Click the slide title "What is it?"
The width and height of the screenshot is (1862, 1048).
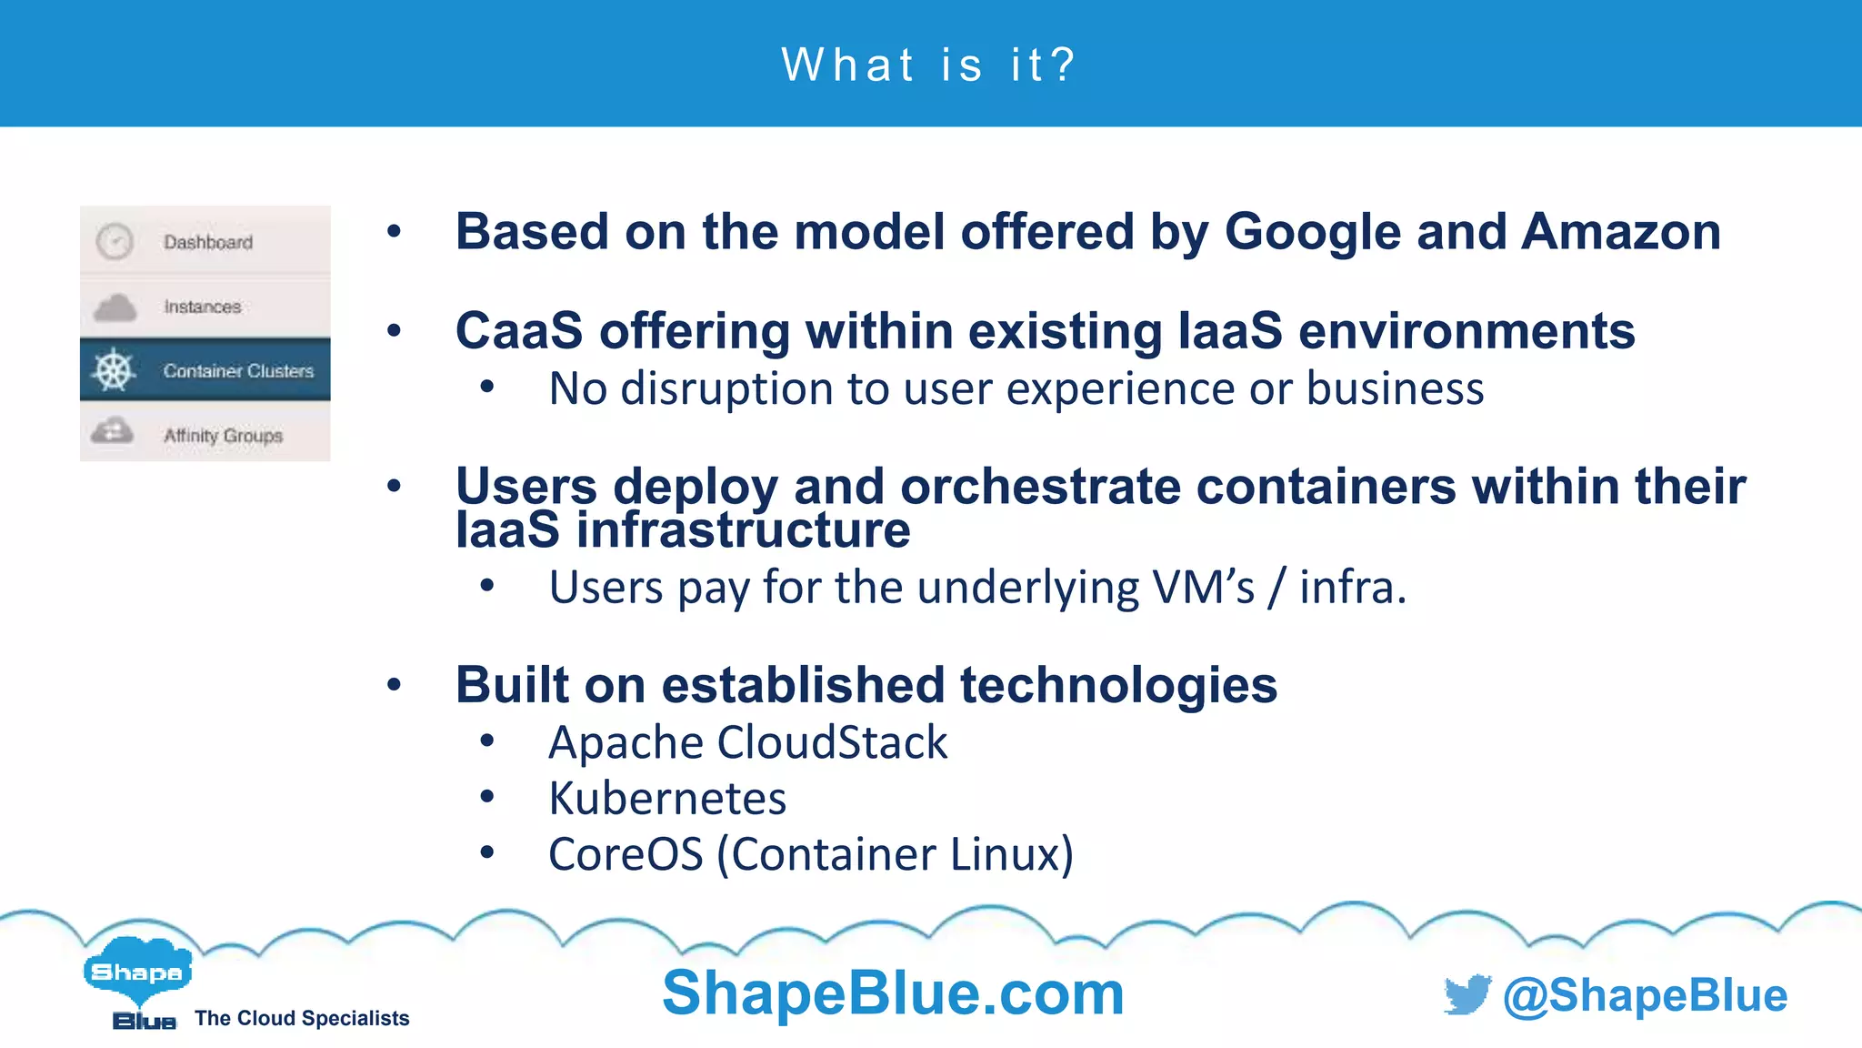(929, 65)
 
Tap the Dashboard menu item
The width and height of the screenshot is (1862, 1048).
(207, 242)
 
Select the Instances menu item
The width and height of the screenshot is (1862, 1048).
(202, 307)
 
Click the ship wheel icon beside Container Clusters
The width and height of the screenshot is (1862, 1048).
(114, 370)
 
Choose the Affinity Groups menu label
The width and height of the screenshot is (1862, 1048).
(223, 436)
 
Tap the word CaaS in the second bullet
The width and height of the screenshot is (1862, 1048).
(518, 330)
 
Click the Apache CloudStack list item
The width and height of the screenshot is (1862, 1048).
(747, 742)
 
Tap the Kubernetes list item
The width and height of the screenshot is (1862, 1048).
(667, 799)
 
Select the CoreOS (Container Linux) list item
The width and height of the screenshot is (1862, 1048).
(810, 854)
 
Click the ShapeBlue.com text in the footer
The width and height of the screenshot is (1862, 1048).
(893, 993)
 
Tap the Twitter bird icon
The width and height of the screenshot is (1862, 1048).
(1467, 994)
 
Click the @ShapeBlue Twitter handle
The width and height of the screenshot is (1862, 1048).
(1645, 995)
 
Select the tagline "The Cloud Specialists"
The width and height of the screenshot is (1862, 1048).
(302, 1018)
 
